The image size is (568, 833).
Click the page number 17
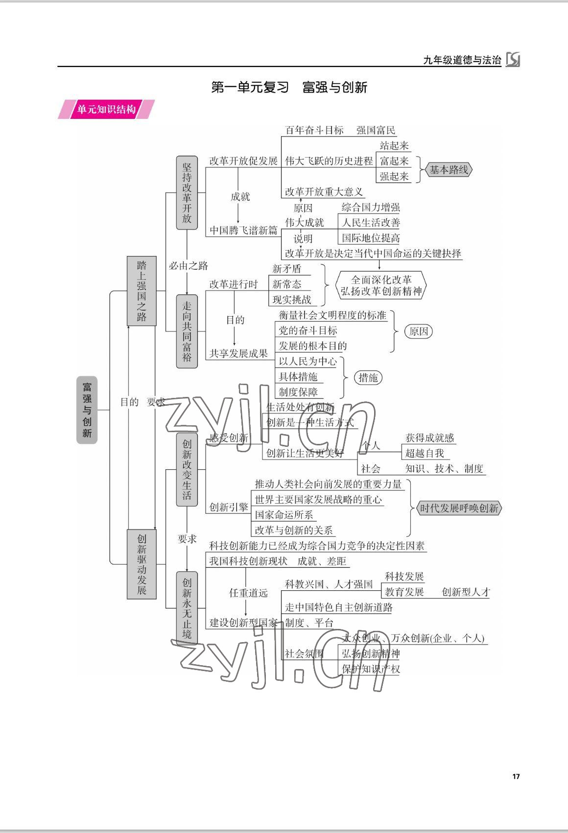pos(516,776)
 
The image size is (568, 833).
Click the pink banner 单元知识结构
pos(106,109)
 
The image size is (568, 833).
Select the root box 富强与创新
pos(87,410)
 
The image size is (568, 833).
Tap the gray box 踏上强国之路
pos(142,291)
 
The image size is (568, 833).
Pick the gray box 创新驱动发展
pos(142,564)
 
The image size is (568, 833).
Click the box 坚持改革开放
pos(187,193)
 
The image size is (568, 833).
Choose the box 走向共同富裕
pos(187,331)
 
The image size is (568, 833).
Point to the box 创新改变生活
pos(187,469)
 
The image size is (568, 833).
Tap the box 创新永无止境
pos(187,608)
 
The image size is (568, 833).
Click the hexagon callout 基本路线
pos(449,170)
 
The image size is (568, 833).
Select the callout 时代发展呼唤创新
pos(459,508)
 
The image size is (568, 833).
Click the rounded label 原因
pos(419,331)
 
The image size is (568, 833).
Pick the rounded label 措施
pos(368,377)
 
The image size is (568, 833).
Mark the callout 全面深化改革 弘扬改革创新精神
pos(381,285)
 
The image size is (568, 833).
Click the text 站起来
pos(394,145)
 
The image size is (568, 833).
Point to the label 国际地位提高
pos(371,238)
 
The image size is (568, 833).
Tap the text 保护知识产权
pos(371,669)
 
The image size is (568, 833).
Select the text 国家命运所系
pos(284,515)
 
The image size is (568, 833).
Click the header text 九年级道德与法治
pos(462,60)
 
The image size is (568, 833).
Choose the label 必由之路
pos(189,266)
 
